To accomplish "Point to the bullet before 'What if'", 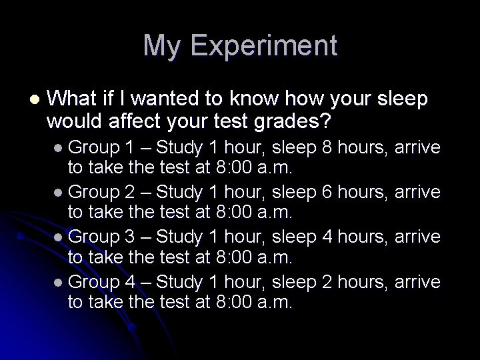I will point(33,100).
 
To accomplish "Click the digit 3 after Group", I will point(131,237).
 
